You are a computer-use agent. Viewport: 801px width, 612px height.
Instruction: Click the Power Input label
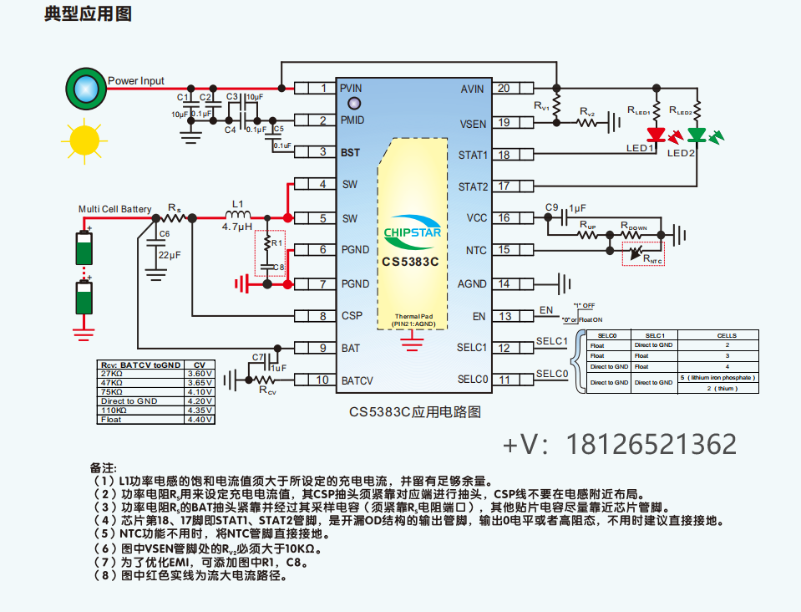pyautogui.click(x=136, y=81)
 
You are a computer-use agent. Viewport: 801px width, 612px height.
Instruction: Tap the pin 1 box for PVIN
pyautogui.click(x=322, y=88)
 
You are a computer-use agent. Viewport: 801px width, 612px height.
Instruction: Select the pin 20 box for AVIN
pyautogui.click(x=504, y=88)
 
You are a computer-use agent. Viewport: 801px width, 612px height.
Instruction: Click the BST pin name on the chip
pyautogui.click(x=350, y=152)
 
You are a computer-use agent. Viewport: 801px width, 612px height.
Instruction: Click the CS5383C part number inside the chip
pyautogui.click(x=411, y=261)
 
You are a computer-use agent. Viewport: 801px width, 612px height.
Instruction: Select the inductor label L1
pyautogui.click(x=237, y=203)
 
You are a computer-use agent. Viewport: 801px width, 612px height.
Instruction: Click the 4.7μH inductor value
pyautogui.click(x=237, y=226)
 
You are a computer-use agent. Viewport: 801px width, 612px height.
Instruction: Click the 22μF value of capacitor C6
pyautogui.click(x=170, y=254)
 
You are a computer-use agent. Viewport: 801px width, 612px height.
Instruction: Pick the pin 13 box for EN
pyautogui.click(x=504, y=315)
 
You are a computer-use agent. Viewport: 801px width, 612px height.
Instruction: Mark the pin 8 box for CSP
pyautogui.click(x=322, y=315)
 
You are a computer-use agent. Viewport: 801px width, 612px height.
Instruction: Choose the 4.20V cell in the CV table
pyautogui.click(x=199, y=401)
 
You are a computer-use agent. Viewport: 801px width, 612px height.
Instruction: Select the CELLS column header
pyautogui.click(x=727, y=335)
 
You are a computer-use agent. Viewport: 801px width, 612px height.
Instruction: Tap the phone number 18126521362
pyautogui.click(x=651, y=444)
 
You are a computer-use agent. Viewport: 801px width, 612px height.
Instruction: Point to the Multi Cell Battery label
pyautogui.click(x=115, y=209)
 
